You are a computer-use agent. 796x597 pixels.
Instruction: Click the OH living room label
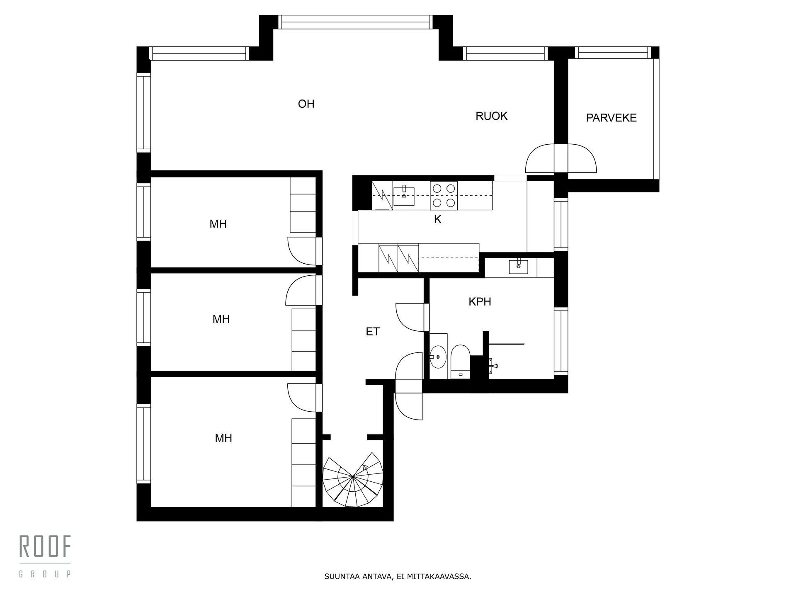[x=306, y=104]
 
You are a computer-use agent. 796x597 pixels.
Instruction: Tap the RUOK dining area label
[x=491, y=116]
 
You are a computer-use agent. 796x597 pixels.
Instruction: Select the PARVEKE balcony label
[x=611, y=118]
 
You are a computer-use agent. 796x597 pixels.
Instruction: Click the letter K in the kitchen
[x=437, y=220]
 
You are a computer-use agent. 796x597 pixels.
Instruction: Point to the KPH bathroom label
[x=480, y=302]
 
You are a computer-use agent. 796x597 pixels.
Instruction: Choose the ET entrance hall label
[x=373, y=332]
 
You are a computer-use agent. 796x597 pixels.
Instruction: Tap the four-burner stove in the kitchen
[x=444, y=195]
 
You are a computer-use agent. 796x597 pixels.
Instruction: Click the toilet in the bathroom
[x=460, y=362]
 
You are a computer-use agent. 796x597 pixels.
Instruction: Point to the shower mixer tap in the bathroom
[x=493, y=365]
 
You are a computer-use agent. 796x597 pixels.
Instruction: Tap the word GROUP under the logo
[x=45, y=574]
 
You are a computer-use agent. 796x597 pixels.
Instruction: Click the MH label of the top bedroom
[x=218, y=224]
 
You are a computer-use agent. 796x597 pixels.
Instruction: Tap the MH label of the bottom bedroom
[x=223, y=438]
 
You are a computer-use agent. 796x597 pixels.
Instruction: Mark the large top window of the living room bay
[x=355, y=22]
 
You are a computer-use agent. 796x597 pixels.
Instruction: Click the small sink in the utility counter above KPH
[x=519, y=266]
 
